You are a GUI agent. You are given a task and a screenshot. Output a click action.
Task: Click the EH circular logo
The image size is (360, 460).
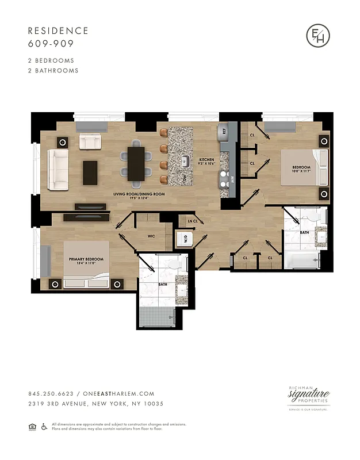(318, 36)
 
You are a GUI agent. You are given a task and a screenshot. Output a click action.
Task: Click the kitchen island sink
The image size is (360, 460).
(185, 160)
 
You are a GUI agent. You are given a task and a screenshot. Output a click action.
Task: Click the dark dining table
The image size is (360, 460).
(136, 163)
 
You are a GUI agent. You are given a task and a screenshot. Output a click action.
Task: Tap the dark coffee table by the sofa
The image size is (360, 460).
(90, 172)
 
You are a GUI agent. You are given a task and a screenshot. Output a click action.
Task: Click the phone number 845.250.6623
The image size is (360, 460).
(50, 394)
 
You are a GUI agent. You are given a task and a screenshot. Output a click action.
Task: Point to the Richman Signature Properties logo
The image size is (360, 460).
(308, 397)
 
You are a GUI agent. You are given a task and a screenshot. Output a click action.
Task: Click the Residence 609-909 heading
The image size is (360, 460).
(58, 37)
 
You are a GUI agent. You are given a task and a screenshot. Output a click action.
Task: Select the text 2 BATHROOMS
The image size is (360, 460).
(53, 71)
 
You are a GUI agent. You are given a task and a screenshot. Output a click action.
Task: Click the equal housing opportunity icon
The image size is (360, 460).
(32, 426)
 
